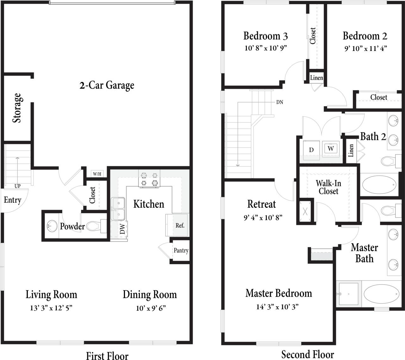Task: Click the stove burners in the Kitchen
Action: tap(149, 179)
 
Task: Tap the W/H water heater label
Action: tap(97, 174)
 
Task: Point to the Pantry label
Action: tap(181, 251)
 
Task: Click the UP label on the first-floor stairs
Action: tap(17, 186)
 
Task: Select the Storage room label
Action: tap(17, 108)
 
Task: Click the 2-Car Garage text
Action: tap(107, 85)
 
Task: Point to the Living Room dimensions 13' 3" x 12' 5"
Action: tap(51, 308)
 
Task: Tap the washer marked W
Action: tap(331, 148)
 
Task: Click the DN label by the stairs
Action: tap(280, 102)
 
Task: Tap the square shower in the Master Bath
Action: tap(349, 294)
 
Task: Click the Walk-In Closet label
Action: tap(328, 187)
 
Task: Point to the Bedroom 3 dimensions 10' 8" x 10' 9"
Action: tap(265, 48)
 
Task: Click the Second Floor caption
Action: tap(308, 354)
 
